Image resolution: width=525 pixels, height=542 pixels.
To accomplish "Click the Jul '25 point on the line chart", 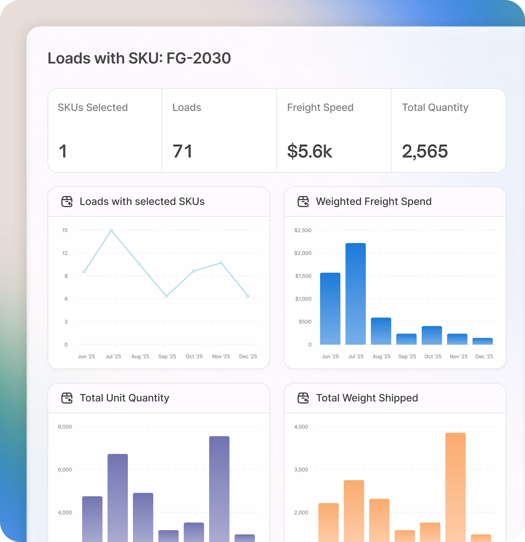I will [111, 230].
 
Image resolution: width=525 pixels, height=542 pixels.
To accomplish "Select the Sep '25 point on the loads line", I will [166, 296].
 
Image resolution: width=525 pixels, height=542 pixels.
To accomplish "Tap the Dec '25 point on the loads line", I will [248, 296].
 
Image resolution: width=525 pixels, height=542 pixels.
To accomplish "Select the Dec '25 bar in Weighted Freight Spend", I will [482, 341].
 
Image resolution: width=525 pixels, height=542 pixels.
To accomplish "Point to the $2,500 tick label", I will [303, 230].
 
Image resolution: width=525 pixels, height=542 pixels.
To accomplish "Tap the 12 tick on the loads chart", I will [65, 253].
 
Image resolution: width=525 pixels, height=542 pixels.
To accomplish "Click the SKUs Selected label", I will [93, 107].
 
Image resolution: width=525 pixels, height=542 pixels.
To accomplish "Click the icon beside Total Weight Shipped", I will [303, 398].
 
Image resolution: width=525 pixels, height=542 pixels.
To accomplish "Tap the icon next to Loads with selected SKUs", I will [67, 202].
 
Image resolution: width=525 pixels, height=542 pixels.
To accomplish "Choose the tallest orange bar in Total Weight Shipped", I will [455, 487].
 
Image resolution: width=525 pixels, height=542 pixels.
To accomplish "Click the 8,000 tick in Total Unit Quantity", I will [65, 427].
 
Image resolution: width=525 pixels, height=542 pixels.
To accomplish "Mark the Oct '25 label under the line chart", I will [194, 357].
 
